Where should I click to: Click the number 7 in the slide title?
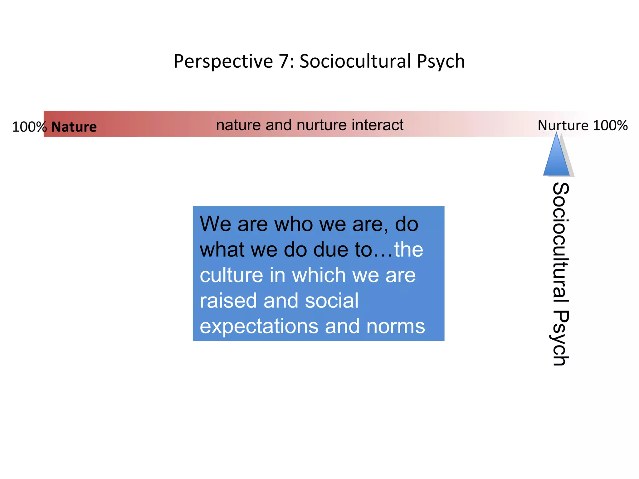(x=284, y=61)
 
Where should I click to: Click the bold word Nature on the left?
(x=74, y=127)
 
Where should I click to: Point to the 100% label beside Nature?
(x=29, y=127)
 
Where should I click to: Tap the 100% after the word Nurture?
(x=610, y=125)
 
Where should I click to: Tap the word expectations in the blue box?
(x=259, y=327)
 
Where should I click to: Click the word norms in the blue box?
(x=396, y=326)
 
